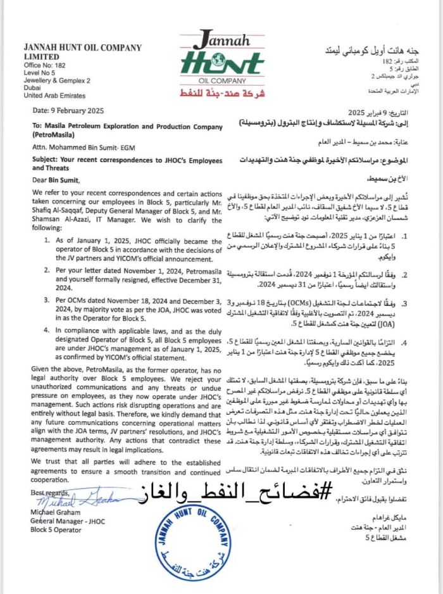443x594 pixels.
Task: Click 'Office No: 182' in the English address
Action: [x=45, y=66]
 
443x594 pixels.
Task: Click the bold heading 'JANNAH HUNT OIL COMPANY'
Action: [x=82, y=48]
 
